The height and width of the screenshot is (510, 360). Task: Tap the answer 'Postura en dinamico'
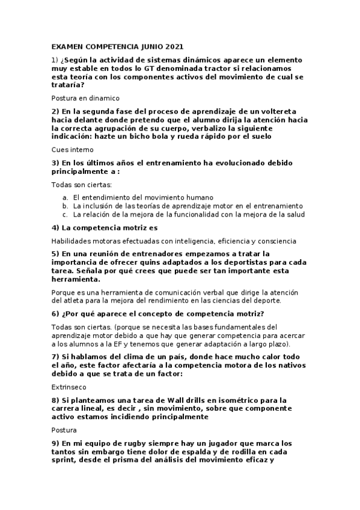click(x=86, y=97)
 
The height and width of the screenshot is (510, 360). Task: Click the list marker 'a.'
click(x=66, y=197)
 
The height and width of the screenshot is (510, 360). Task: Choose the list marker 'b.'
click(x=66, y=206)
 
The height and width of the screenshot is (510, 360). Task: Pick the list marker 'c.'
click(x=66, y=214)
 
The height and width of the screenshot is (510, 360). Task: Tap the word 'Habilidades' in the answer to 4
click(x=72, y=241)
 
